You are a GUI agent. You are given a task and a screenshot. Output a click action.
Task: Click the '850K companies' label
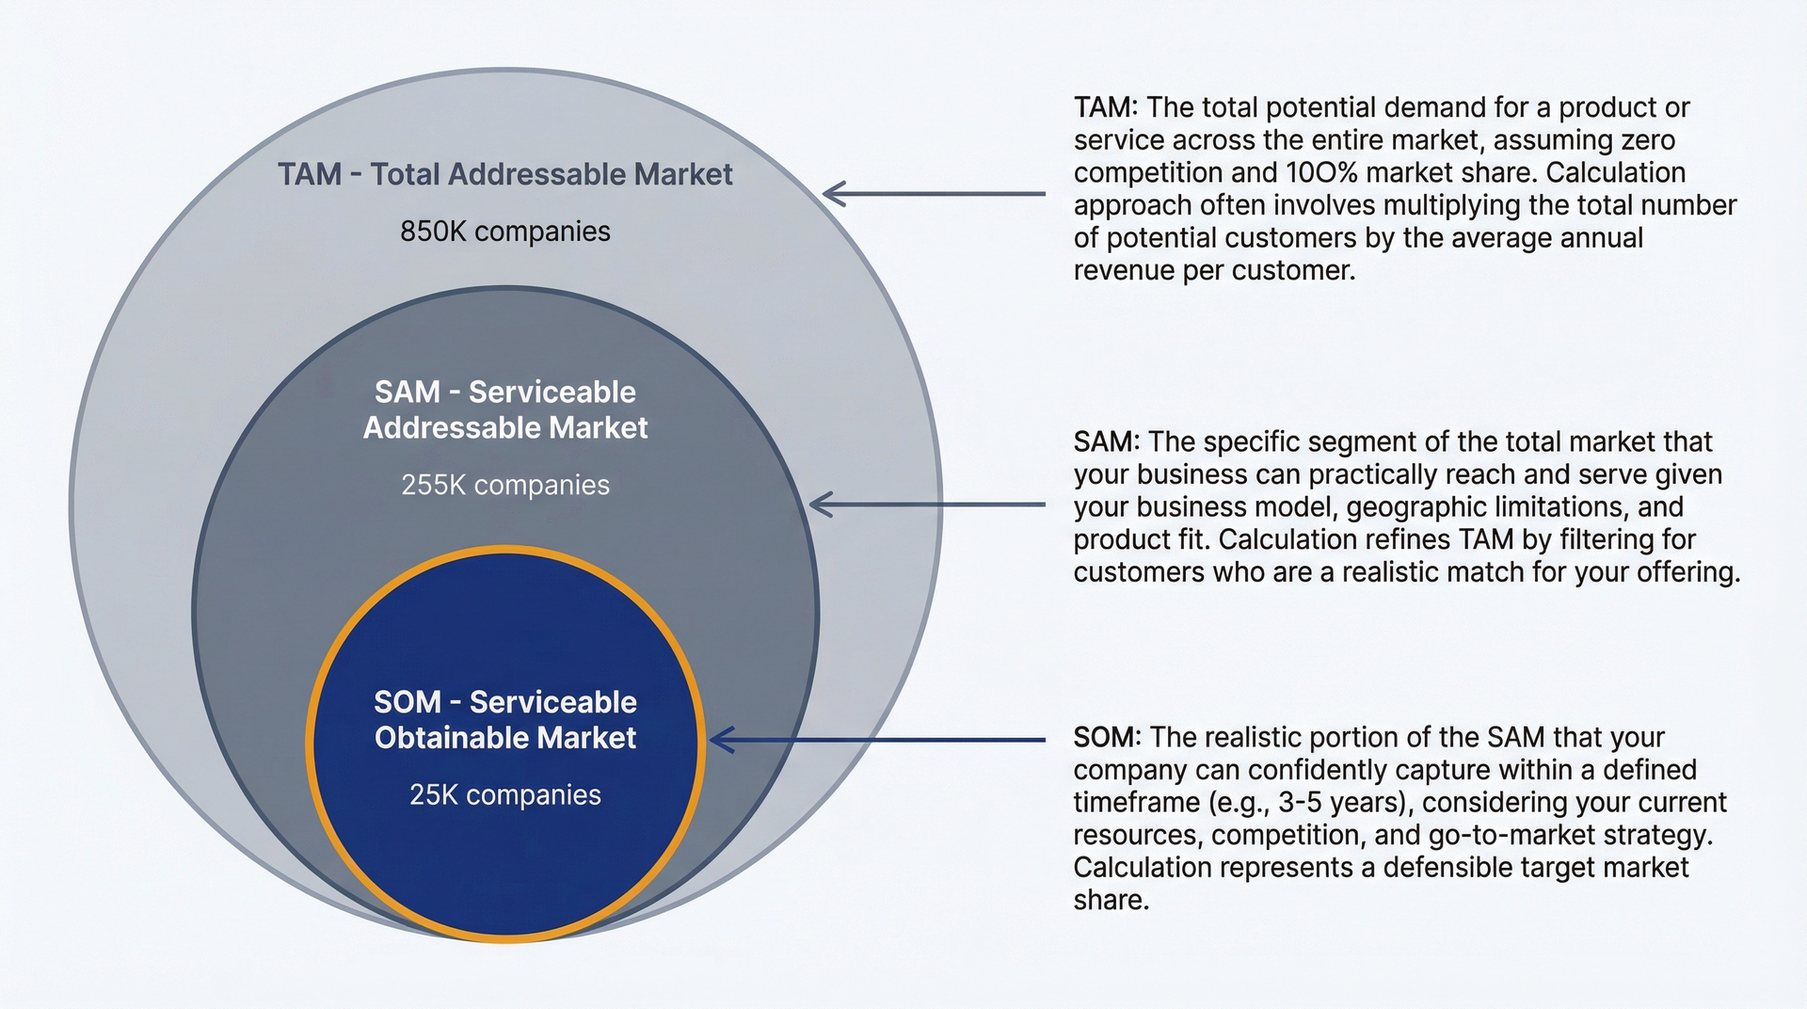(x=505, y=232)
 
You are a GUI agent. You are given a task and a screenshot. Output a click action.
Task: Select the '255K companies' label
(x=505, y=486)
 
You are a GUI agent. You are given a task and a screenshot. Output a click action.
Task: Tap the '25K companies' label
(x=505, y=795)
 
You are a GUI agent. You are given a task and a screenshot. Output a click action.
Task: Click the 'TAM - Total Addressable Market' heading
(x=505, y=174)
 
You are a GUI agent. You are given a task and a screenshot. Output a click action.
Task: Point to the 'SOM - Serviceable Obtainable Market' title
(x=505, y=720)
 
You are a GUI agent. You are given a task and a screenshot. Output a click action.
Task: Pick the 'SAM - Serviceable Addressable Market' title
(x=505, y=409)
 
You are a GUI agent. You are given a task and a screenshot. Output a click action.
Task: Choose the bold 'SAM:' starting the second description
(x=1107, y=442)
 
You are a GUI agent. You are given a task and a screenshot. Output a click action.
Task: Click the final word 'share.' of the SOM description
(x=1111, y=901)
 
